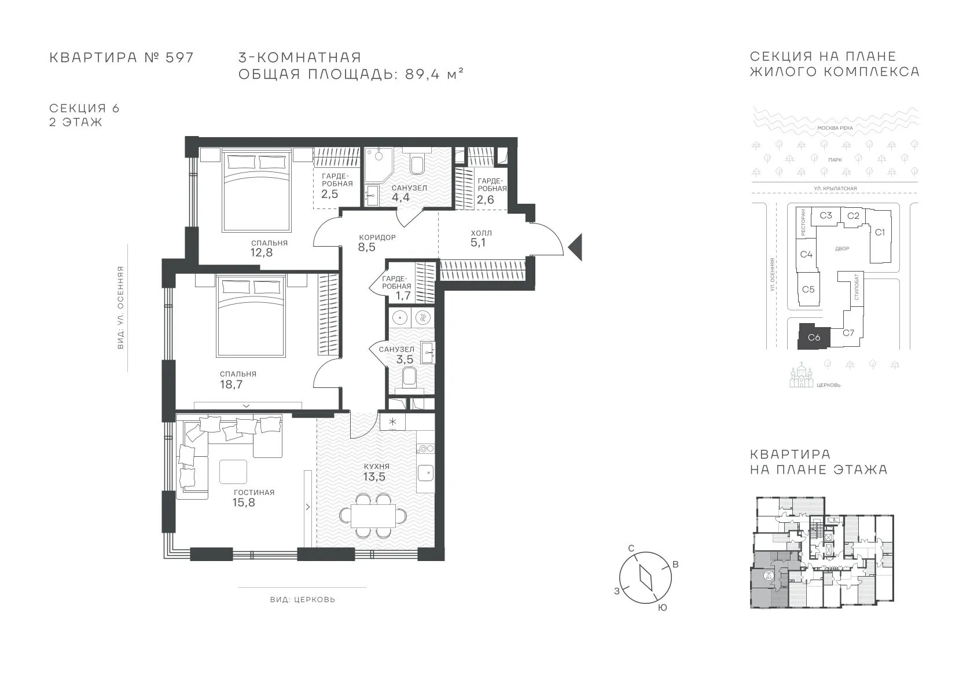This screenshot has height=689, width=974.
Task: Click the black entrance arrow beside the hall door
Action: (577, 247)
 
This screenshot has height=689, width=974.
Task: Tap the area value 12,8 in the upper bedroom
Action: (262, 252)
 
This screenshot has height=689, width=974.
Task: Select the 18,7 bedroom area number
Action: (231, 384)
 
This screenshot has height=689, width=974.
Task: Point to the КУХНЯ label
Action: (377, 466)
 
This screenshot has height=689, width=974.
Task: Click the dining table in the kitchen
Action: (373, 515)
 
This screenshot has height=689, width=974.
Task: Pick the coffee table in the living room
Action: (233, 472)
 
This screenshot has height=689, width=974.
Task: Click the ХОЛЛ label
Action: (481, 233)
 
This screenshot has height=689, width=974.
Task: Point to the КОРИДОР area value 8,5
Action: (366, 247)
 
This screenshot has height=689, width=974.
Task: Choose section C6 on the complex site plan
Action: (814, 336)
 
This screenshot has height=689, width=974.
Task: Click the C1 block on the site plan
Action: (880, 233)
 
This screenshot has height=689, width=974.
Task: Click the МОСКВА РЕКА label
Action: (835, 129)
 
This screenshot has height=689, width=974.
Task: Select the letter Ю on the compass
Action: (662, 608)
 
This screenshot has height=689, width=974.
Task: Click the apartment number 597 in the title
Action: (179, 58)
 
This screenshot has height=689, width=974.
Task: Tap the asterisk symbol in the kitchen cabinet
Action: (392, 422)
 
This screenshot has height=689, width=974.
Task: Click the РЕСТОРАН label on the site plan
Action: (803, 222)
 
